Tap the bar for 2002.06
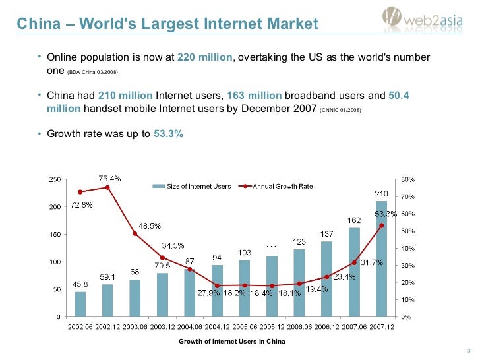point(80,304)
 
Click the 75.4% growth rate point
point(107,187)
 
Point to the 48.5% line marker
point(135,233)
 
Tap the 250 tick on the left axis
point(57,179)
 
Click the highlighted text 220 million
point(206,58)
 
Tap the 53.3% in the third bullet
point(168,133)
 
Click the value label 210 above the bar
point(382,193)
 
